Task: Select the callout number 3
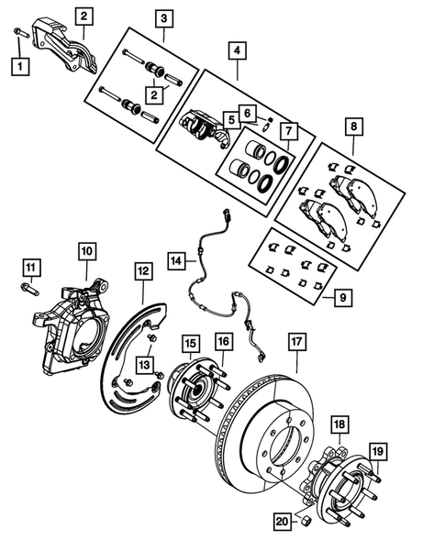click(164, 17)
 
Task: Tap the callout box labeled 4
click(237, 50)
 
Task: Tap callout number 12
click(143, 271)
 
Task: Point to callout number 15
click(189, 344)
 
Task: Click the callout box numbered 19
click(377, 450)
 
